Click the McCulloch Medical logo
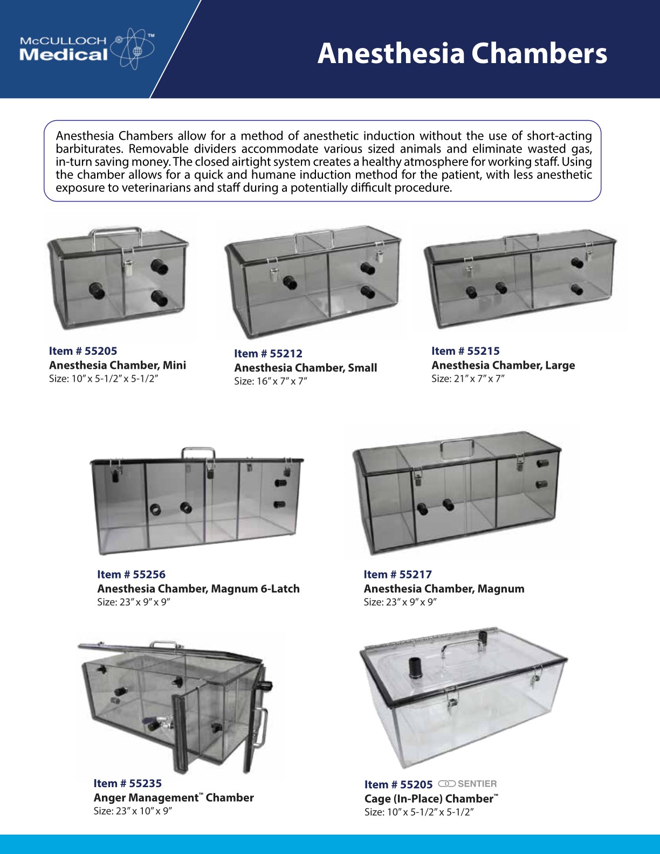click(86, 49)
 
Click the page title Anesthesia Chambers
click(462, 53)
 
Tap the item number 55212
click(268, 354)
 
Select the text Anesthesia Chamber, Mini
click(118, 366)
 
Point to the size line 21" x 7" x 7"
click(467, 379)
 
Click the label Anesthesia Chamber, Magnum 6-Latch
click(198, 589)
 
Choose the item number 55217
click(397, 575)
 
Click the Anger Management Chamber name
click(174, 798)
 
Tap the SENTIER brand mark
click(467, 783)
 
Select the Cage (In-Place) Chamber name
click(431, 799)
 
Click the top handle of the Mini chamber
click(116, 233)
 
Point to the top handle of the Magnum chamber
click(457, 446)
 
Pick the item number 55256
click(131, 575)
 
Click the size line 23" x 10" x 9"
click(133, 811)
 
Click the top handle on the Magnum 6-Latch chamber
click(198, 453)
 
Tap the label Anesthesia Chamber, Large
click(503, 366)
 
